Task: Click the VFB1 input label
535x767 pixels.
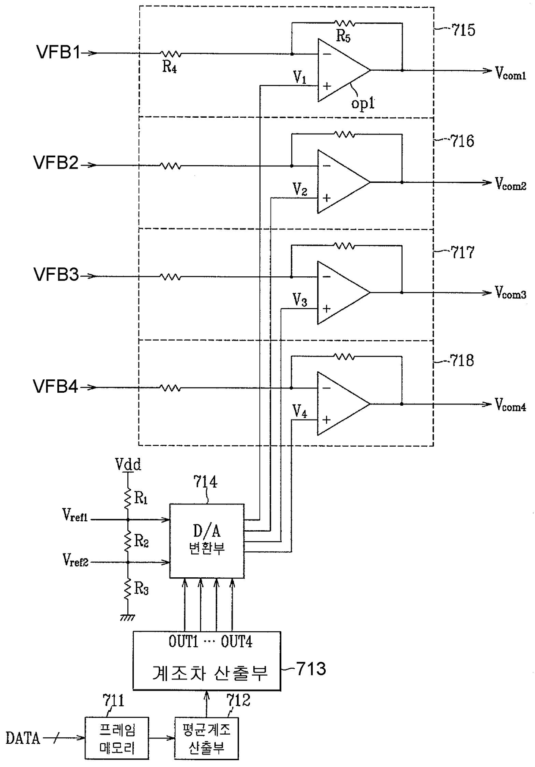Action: pyautogui.click(x=58, y=53)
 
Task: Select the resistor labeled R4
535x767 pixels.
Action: pyautogui.click(x=171, y=54)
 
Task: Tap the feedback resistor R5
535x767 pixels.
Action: pyautogui.click(x=344, y=23)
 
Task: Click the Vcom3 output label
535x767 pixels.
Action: pyautogui.click(x=510, y=293)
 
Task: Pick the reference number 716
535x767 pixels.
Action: pyautogui.click(x=462, y=141)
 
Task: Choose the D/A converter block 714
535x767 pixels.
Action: pyautogui.click(x=207, y=541)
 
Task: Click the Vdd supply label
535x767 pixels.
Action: pyautogui.click(x=128, y=464)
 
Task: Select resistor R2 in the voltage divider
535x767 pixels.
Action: pyautogui.click(x=128, y=541)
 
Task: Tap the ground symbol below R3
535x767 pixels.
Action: pyautogui.click(x=127, y=617)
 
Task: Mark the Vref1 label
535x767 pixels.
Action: pyautogui.click(x=75, y=515)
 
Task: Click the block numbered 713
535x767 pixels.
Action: pyautogui.click(x=207, y=661)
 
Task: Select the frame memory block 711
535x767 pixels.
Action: pyautogui.click(x=117, y=738)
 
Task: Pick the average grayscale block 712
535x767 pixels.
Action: pyautogui.click(x=206, y=738)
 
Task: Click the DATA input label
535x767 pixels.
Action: pyautogui.click(x=23, y=738)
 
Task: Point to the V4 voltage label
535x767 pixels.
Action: pyautogui.click(x=300, y=411)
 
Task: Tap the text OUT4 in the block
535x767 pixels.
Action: pyautogui.click(x=236, y=642)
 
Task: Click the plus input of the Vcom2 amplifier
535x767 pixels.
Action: pyautogui.click(x=327, y=198)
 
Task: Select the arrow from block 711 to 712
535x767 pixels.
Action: pyautogui.click(x=162, y=738)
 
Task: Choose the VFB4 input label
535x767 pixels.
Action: pyautogui.click(x=56, y=386)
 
